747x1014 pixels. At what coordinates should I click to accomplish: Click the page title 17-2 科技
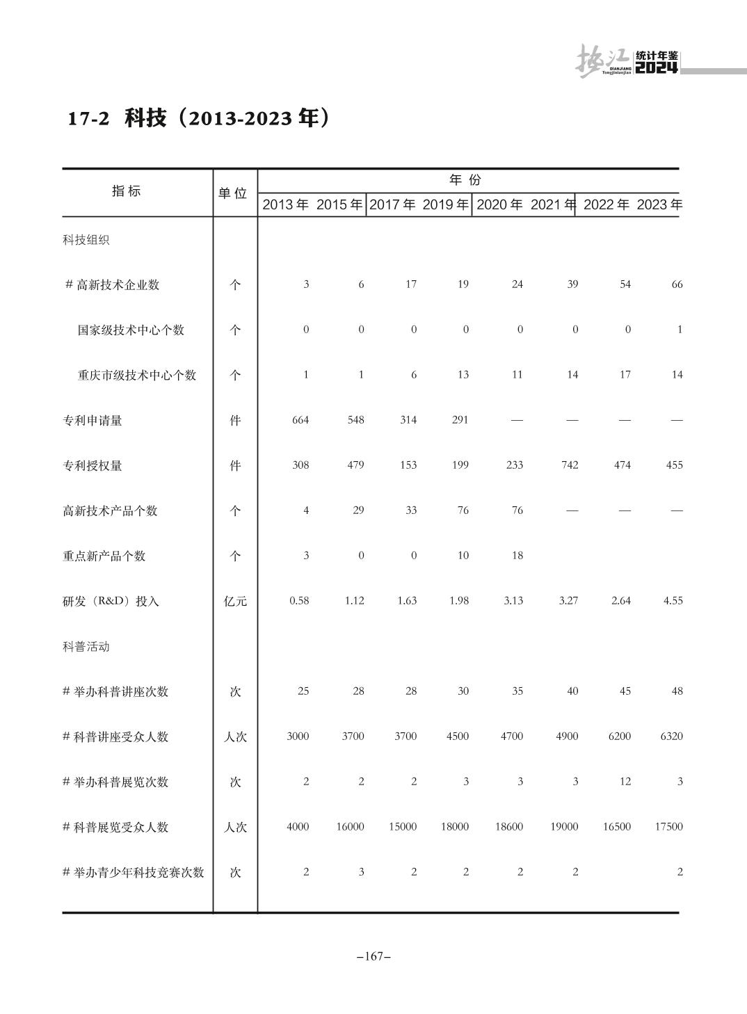(x=198, y=118)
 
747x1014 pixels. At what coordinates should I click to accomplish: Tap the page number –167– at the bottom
(x=373, y=956)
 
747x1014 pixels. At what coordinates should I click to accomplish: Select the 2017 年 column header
(x=392, y=204)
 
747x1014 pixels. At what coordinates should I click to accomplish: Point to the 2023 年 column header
(x=659, y=204)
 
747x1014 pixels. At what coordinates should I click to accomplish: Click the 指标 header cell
(x=127, y=191)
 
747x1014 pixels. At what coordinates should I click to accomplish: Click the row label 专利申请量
(x=93, y=420)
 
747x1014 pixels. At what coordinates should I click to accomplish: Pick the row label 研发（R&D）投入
(x=111, y=601)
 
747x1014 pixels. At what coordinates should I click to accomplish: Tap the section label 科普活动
(x=86, y=646)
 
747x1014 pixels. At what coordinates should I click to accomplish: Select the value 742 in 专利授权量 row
(x=570, y=465)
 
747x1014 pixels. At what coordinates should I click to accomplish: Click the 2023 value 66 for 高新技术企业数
(x=677, y=284)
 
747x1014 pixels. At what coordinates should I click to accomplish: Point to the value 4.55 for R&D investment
(x=673, y=600)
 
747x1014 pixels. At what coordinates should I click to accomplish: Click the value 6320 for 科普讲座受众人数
(x=671, y=736)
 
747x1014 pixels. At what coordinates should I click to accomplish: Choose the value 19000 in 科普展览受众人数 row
(x=563, y=826)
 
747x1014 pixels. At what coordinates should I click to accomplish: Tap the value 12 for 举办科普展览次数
(x=625, y=781)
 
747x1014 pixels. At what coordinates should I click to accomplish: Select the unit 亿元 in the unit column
(x=235, y=601)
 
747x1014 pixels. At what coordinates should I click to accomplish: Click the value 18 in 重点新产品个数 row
(x=517, y=555)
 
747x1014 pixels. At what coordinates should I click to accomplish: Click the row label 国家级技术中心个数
(x=131, y=330)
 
